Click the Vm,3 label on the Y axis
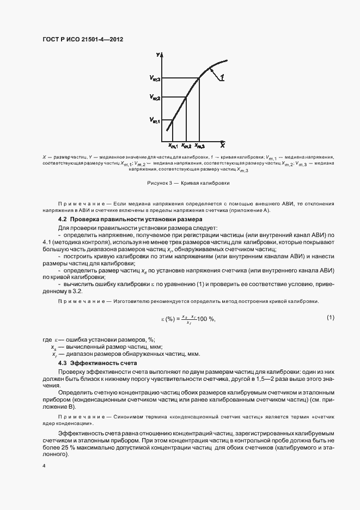pos(155,78)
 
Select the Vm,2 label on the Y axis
pos(155,99)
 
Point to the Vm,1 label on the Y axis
pos(155,120)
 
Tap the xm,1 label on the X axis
pos(173,145)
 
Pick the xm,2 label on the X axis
pos(186,145)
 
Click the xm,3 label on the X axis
pos(200,145)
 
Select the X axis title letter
pos(222,145)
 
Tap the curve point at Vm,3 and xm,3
pos(199,78)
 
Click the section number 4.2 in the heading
pos(62,220)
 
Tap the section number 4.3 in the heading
pos(62,362)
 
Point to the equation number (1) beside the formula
pos(330,317)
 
